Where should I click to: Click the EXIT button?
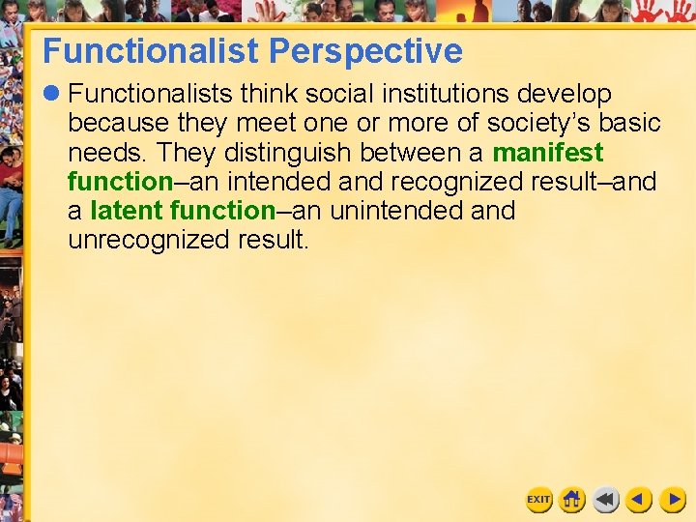pos(538,500)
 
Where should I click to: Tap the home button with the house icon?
pos(572,500)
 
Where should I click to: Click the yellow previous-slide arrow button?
pos(638,500)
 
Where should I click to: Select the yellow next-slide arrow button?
pos(672,500)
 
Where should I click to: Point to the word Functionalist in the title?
pos(152,50)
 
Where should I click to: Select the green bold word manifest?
pos(548,153)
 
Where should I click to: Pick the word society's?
pos(542,124)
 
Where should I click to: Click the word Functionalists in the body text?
pos(150,95)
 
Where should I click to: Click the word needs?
pos(104,153)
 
